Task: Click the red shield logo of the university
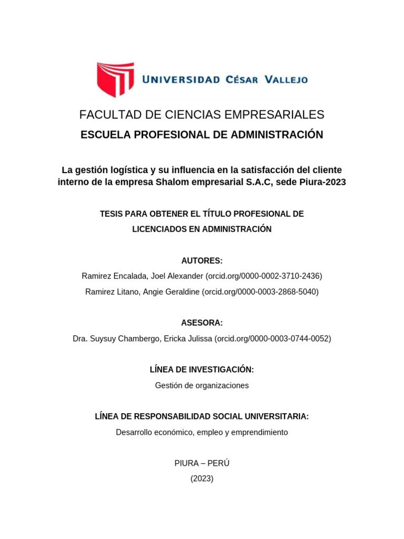114,79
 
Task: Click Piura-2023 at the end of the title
324,182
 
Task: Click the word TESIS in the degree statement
111,214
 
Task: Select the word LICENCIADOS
156,229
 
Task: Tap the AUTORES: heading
202,261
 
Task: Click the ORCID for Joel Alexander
264,276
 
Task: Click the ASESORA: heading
202,323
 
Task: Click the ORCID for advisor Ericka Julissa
272,338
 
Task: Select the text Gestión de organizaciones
202,385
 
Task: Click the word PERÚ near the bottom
218,463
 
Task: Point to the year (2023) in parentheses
202,478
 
